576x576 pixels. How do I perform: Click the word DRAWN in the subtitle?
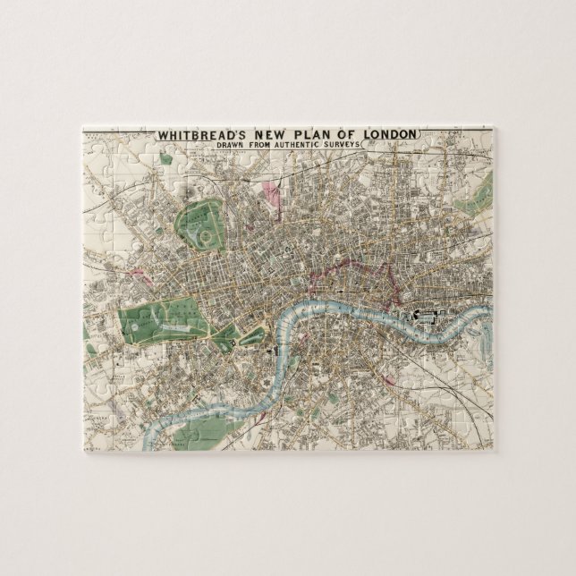(x=231, y=145)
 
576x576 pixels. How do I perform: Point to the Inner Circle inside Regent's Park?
(x=206, y=239)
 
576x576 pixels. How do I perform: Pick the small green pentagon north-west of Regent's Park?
(x=165, y=159)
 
